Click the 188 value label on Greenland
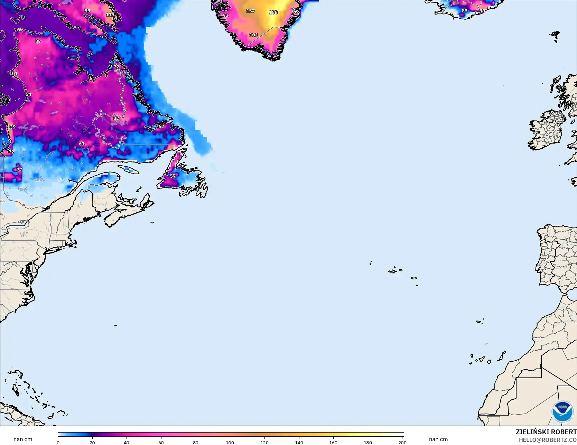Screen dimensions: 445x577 tap(273, 12)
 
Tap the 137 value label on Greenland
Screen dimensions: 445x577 tap(250, 11)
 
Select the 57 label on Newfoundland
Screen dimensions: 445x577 tap(173, 176)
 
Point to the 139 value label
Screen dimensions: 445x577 tap(11, 127)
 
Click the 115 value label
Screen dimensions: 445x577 tap(110, 15)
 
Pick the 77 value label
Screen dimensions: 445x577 tap(19, 170)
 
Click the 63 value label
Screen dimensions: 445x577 tap(82, 144)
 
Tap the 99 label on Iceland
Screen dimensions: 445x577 tap(482, 11)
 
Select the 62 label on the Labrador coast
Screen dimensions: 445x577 tap(161, 127)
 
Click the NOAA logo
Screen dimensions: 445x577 tap(562, 411)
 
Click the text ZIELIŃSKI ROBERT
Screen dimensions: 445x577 tap(546, 432)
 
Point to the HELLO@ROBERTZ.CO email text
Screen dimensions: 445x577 tap(548, 440)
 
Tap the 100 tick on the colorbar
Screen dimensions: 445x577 tap(230, 442)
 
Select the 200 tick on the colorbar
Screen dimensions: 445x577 tap(402, 442)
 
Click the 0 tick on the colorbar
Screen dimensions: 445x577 tap(58, 442)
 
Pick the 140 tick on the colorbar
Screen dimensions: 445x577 tap(299, 442)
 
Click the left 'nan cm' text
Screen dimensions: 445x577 tap(23, 439)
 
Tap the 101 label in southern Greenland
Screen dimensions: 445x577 tap(254, 35)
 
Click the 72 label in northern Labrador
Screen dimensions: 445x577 tap(116, 67)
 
